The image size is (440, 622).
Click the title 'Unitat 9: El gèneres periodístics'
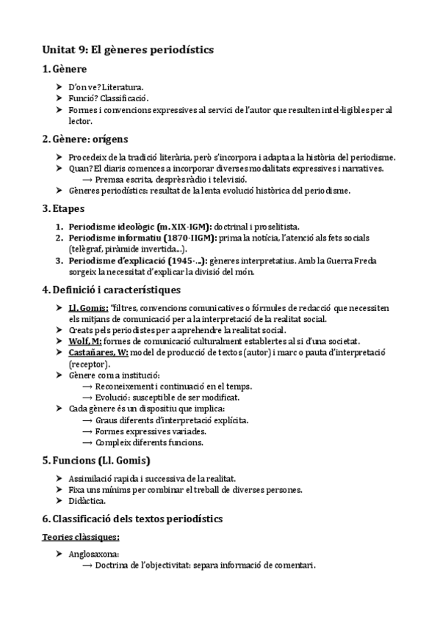click(126, 49)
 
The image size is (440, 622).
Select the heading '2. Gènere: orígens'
click(84, 138)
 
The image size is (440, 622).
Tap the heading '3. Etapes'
click(63, 209)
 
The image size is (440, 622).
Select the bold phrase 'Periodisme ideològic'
click(102, 227)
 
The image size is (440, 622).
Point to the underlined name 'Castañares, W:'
click(98, 352)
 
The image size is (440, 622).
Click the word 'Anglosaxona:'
click(93, 555)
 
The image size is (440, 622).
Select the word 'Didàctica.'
click(86, 500)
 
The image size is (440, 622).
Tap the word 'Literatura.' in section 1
click(120, 87)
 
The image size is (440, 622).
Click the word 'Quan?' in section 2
click(80, 169)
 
